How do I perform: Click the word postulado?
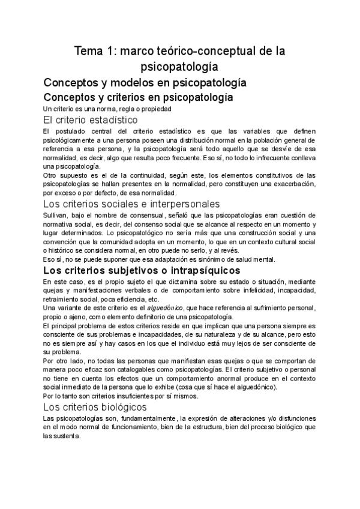tap(70, 131)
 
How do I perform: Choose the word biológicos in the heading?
tap(118, 407)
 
